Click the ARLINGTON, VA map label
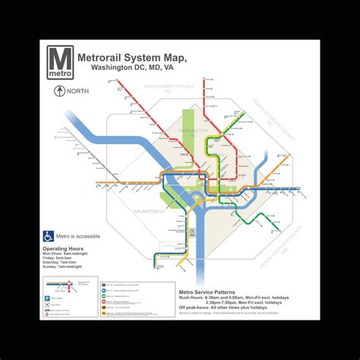pyautogui.click(x=149, y=210)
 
